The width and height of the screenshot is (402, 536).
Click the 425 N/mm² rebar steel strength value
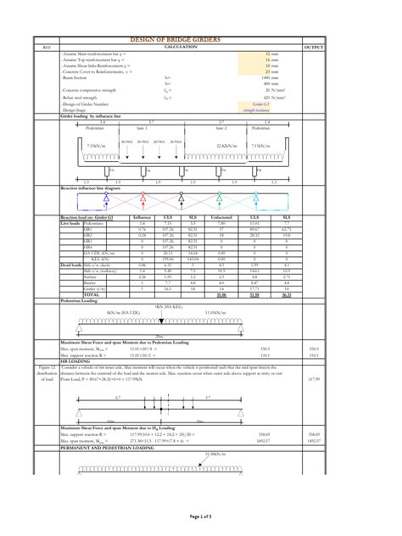273,98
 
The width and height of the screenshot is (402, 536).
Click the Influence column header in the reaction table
142,218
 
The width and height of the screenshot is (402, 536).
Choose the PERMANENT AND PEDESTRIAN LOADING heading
106,447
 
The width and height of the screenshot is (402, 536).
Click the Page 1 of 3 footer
201,516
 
